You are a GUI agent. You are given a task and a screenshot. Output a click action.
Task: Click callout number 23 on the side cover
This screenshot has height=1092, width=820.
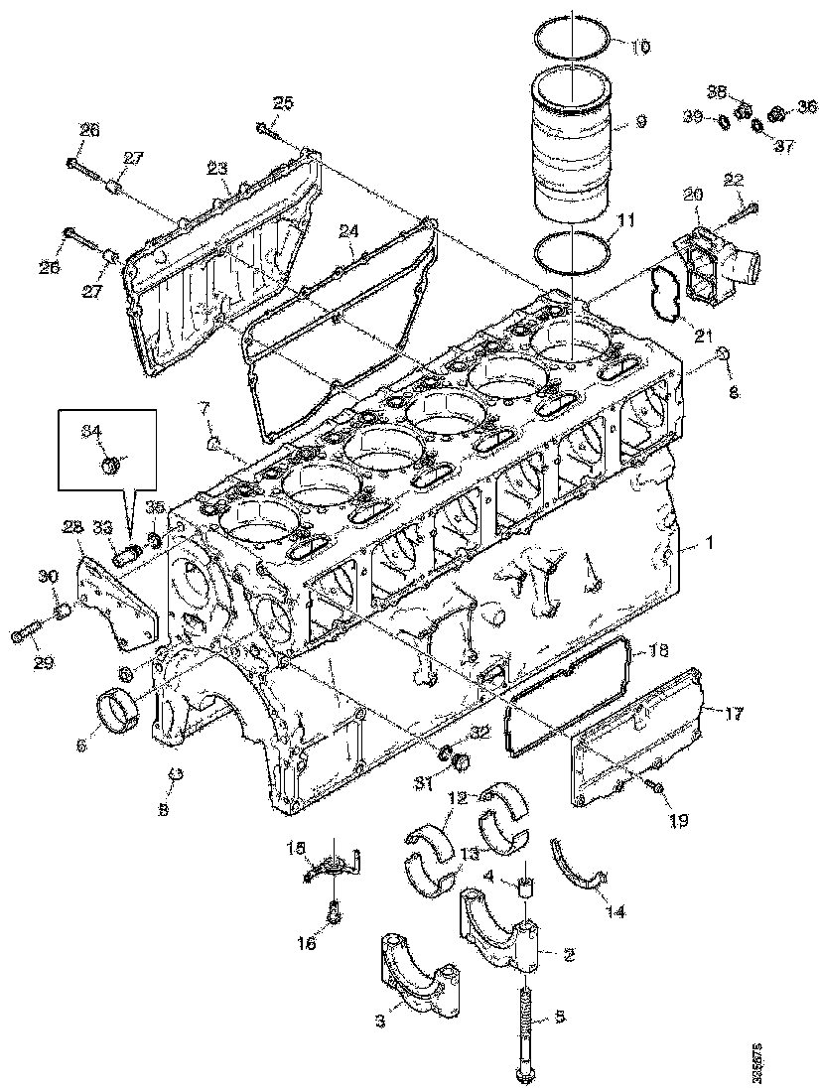point(217,169)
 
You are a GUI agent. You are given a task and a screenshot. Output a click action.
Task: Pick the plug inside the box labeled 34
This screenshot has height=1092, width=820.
point(112,463)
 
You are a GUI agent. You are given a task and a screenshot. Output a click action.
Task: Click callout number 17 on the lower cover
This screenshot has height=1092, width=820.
point(734,713)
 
